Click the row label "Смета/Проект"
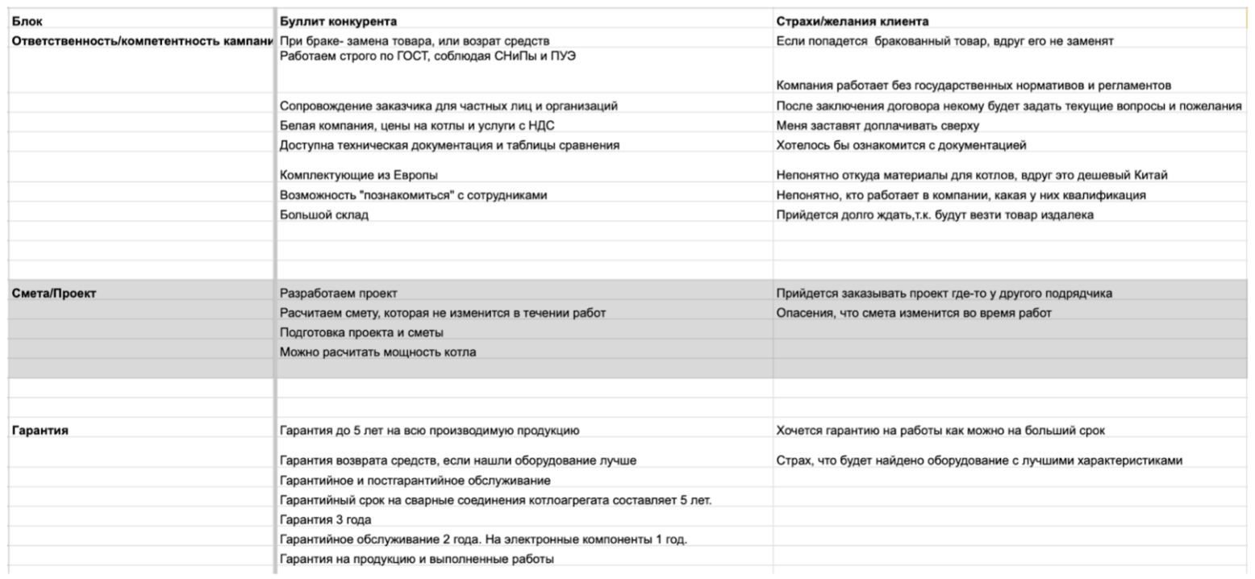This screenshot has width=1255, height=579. click(x=54, y=294)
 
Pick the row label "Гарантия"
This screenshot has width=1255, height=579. click(x=40, y=431)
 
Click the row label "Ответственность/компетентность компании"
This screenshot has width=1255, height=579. click(x=142, y=40)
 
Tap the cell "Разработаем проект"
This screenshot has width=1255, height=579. click(x=338, y=294)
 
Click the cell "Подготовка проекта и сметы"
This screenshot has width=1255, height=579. click(x=361, y=332)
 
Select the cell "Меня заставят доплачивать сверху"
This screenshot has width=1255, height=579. click(x=878, y=125)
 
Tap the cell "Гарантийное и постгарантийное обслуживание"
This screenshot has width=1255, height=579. click(x=415, y=481)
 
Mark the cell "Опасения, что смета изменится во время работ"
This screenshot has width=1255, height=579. click(x=914, y=313)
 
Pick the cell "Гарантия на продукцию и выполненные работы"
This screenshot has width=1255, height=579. click(x=416, y=559)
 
